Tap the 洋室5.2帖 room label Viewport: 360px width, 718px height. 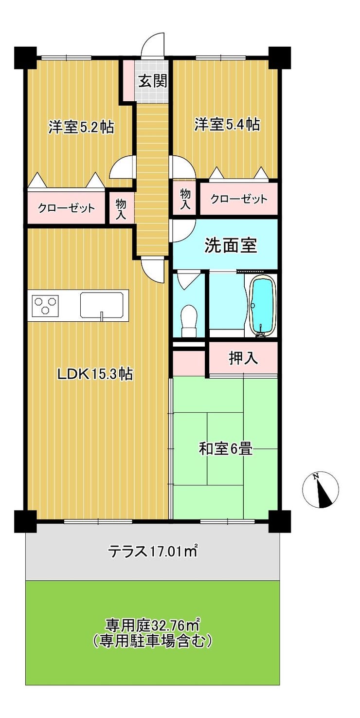point(81,127)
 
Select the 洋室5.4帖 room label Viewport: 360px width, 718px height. point(227,124)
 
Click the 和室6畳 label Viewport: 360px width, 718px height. point(225,448)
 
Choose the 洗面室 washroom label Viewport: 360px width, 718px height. point(231,245)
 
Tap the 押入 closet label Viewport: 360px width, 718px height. point(243,358)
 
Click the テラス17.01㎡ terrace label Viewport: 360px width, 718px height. point(152,551)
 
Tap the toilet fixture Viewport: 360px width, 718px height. point(188,321)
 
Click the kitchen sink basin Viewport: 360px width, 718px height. point(102,304)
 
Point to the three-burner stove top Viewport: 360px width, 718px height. point(45,305)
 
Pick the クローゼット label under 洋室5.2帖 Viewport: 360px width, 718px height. point(66,209)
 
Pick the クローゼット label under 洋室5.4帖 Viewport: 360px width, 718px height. point(238,199)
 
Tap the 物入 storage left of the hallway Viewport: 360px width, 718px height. point(121,209)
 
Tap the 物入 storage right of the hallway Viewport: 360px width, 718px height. point(185,199)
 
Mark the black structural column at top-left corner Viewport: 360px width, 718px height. point(26,58)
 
